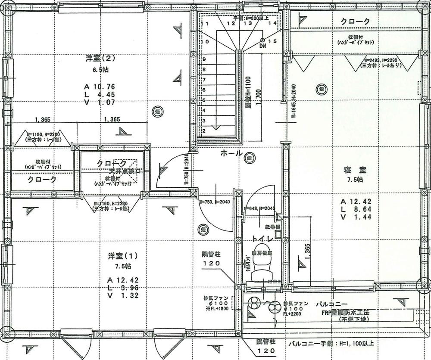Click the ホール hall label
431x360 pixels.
[231, 153]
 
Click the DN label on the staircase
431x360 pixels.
[263, 45]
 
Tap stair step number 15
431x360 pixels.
[272, 41]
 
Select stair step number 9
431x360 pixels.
[204, 59]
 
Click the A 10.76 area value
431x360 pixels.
[100, 87]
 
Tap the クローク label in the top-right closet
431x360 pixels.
[355, 21]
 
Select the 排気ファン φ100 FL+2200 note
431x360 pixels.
[296, 309]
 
